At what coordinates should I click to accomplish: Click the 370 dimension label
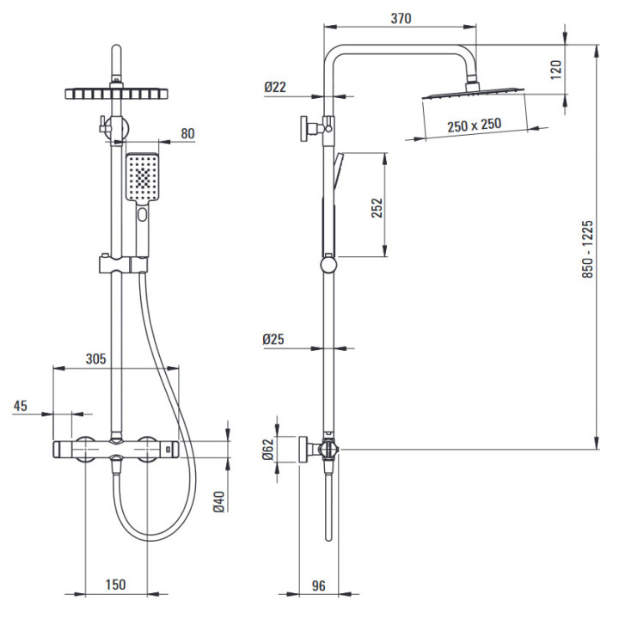pos(401,19)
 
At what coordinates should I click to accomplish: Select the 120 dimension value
pos(556,69)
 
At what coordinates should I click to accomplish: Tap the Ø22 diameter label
pos(275,87)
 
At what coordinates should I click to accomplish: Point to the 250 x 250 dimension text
pos(474,125)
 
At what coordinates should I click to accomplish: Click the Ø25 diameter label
pos(275,339)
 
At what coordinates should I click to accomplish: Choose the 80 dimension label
pos(188,133)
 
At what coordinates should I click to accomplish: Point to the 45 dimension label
pos(21,406)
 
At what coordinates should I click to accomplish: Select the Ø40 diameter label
pos(219,500)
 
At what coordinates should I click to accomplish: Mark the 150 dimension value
pos(115,585)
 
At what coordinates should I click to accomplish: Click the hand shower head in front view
pos(142,177)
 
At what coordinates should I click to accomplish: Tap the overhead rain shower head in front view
pos(114,92)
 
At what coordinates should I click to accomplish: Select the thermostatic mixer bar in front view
pos(115,448)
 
